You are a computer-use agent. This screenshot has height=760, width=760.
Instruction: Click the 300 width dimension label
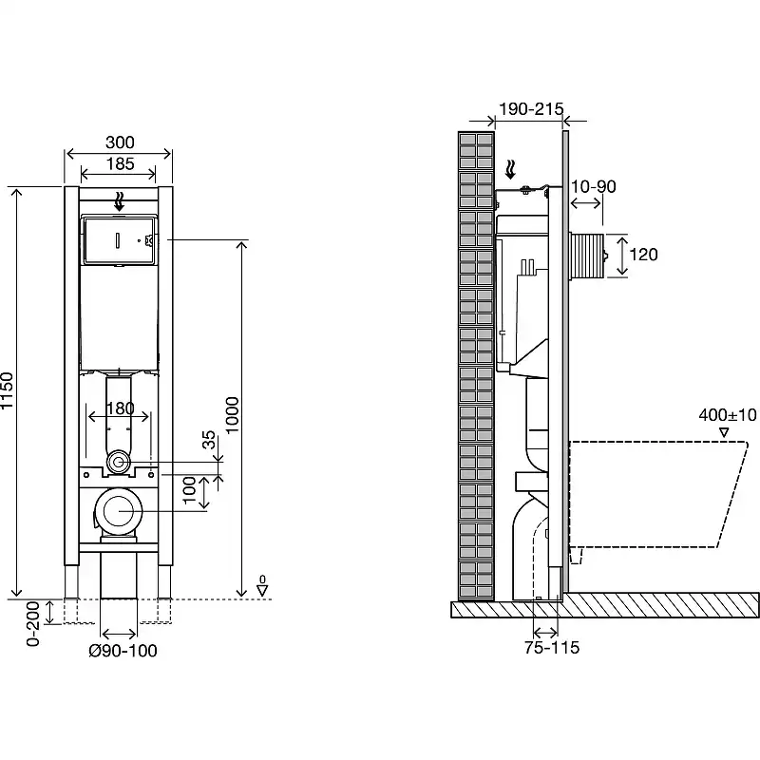[120, 142]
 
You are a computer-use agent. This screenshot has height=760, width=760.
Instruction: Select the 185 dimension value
[120, 163]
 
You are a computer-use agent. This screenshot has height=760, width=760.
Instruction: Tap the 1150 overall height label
[7, 390]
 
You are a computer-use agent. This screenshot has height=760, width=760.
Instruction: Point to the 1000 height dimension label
[232, 415]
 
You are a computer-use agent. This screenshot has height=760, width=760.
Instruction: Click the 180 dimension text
[120, 408]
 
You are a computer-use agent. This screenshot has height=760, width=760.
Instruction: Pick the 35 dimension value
[208, 440]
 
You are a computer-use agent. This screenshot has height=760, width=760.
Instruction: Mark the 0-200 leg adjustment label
[32, 624]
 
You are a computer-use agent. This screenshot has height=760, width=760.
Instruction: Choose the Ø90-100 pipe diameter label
[123, 651]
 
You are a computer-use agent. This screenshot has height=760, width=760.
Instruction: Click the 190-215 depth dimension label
[531, 109]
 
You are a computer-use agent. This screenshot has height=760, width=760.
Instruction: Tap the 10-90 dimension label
[593, 186]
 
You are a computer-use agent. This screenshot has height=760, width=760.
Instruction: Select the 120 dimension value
[643, 255]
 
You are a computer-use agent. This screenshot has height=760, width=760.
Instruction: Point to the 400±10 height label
[728, 415]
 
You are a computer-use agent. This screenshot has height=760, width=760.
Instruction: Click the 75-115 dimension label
[552, 648]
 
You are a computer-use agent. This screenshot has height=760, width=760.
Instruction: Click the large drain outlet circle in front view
[118, 511]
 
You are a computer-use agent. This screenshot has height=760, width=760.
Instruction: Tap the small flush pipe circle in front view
[118, 462]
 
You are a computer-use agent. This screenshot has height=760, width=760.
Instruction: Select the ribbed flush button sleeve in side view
[586, 256]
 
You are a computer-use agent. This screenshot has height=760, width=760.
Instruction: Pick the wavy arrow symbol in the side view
[510, 170]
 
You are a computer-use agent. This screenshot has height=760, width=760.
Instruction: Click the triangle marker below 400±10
[724, 432]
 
